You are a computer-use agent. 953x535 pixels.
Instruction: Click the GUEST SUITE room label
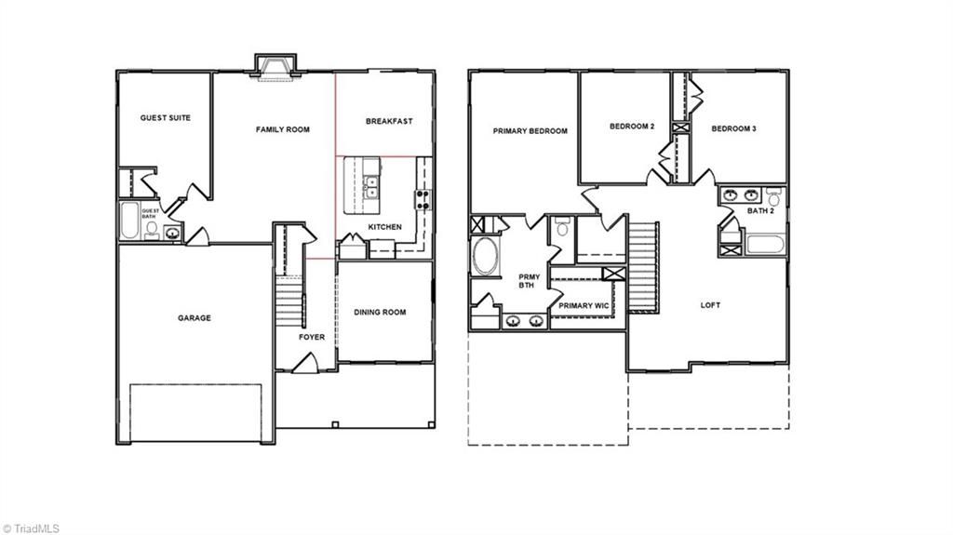(166, 118)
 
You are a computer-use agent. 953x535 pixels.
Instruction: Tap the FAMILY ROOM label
(283, 129)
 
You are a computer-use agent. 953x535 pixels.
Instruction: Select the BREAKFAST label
(389, 121)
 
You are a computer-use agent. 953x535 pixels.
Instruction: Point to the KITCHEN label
(384, 227)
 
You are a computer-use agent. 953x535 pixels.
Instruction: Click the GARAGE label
(195, 318)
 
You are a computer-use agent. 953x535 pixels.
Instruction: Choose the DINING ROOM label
(380, 313)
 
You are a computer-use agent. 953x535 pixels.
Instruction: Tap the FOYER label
(312, 337)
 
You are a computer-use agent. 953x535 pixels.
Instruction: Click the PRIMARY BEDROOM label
(530, 131)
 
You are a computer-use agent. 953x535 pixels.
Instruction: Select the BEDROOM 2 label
(632, 127)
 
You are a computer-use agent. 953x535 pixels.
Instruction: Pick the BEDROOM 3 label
(733, 128)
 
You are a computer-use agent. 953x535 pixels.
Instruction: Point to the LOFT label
(710, 305)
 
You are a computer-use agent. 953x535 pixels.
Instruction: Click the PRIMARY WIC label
(583, 305)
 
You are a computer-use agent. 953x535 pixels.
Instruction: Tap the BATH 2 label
(760, 211)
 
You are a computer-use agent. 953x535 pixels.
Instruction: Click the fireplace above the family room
(276, 64)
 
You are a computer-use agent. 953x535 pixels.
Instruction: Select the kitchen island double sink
(371, 186)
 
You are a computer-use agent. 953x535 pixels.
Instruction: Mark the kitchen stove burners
(423, 198)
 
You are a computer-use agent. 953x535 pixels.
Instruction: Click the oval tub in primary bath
(486, 256)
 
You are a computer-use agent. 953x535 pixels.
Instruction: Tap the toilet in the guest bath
(153, 229)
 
